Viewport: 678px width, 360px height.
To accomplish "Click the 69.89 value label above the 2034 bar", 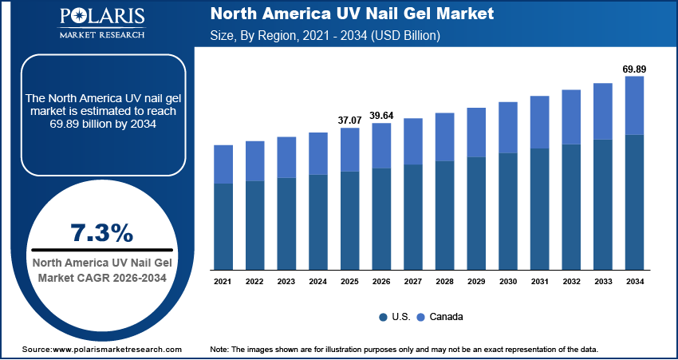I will point(634,69).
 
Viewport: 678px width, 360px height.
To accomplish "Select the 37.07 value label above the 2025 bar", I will point(350,121).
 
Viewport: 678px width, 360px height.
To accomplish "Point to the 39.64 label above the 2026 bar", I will point(381,116).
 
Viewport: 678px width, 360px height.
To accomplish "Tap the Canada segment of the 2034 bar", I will point(634,105).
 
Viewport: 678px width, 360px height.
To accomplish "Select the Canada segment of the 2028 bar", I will point(445,136).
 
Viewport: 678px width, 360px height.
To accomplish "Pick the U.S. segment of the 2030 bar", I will point(508,211).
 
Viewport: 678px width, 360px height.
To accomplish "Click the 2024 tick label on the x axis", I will point(318,281).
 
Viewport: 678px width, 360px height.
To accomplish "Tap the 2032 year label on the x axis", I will point(571,281).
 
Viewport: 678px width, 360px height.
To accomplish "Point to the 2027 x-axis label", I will point(413,281).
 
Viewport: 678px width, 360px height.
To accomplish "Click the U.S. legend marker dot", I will point(384,317).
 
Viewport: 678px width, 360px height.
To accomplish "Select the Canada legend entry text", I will point(446,317).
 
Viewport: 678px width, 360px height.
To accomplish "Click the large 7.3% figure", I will point(101,233).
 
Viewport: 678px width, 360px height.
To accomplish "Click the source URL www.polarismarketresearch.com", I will point(117,350).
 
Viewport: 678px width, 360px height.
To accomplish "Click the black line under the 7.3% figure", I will point(101,250).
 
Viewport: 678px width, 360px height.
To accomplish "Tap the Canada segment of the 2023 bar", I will point(286,157).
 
